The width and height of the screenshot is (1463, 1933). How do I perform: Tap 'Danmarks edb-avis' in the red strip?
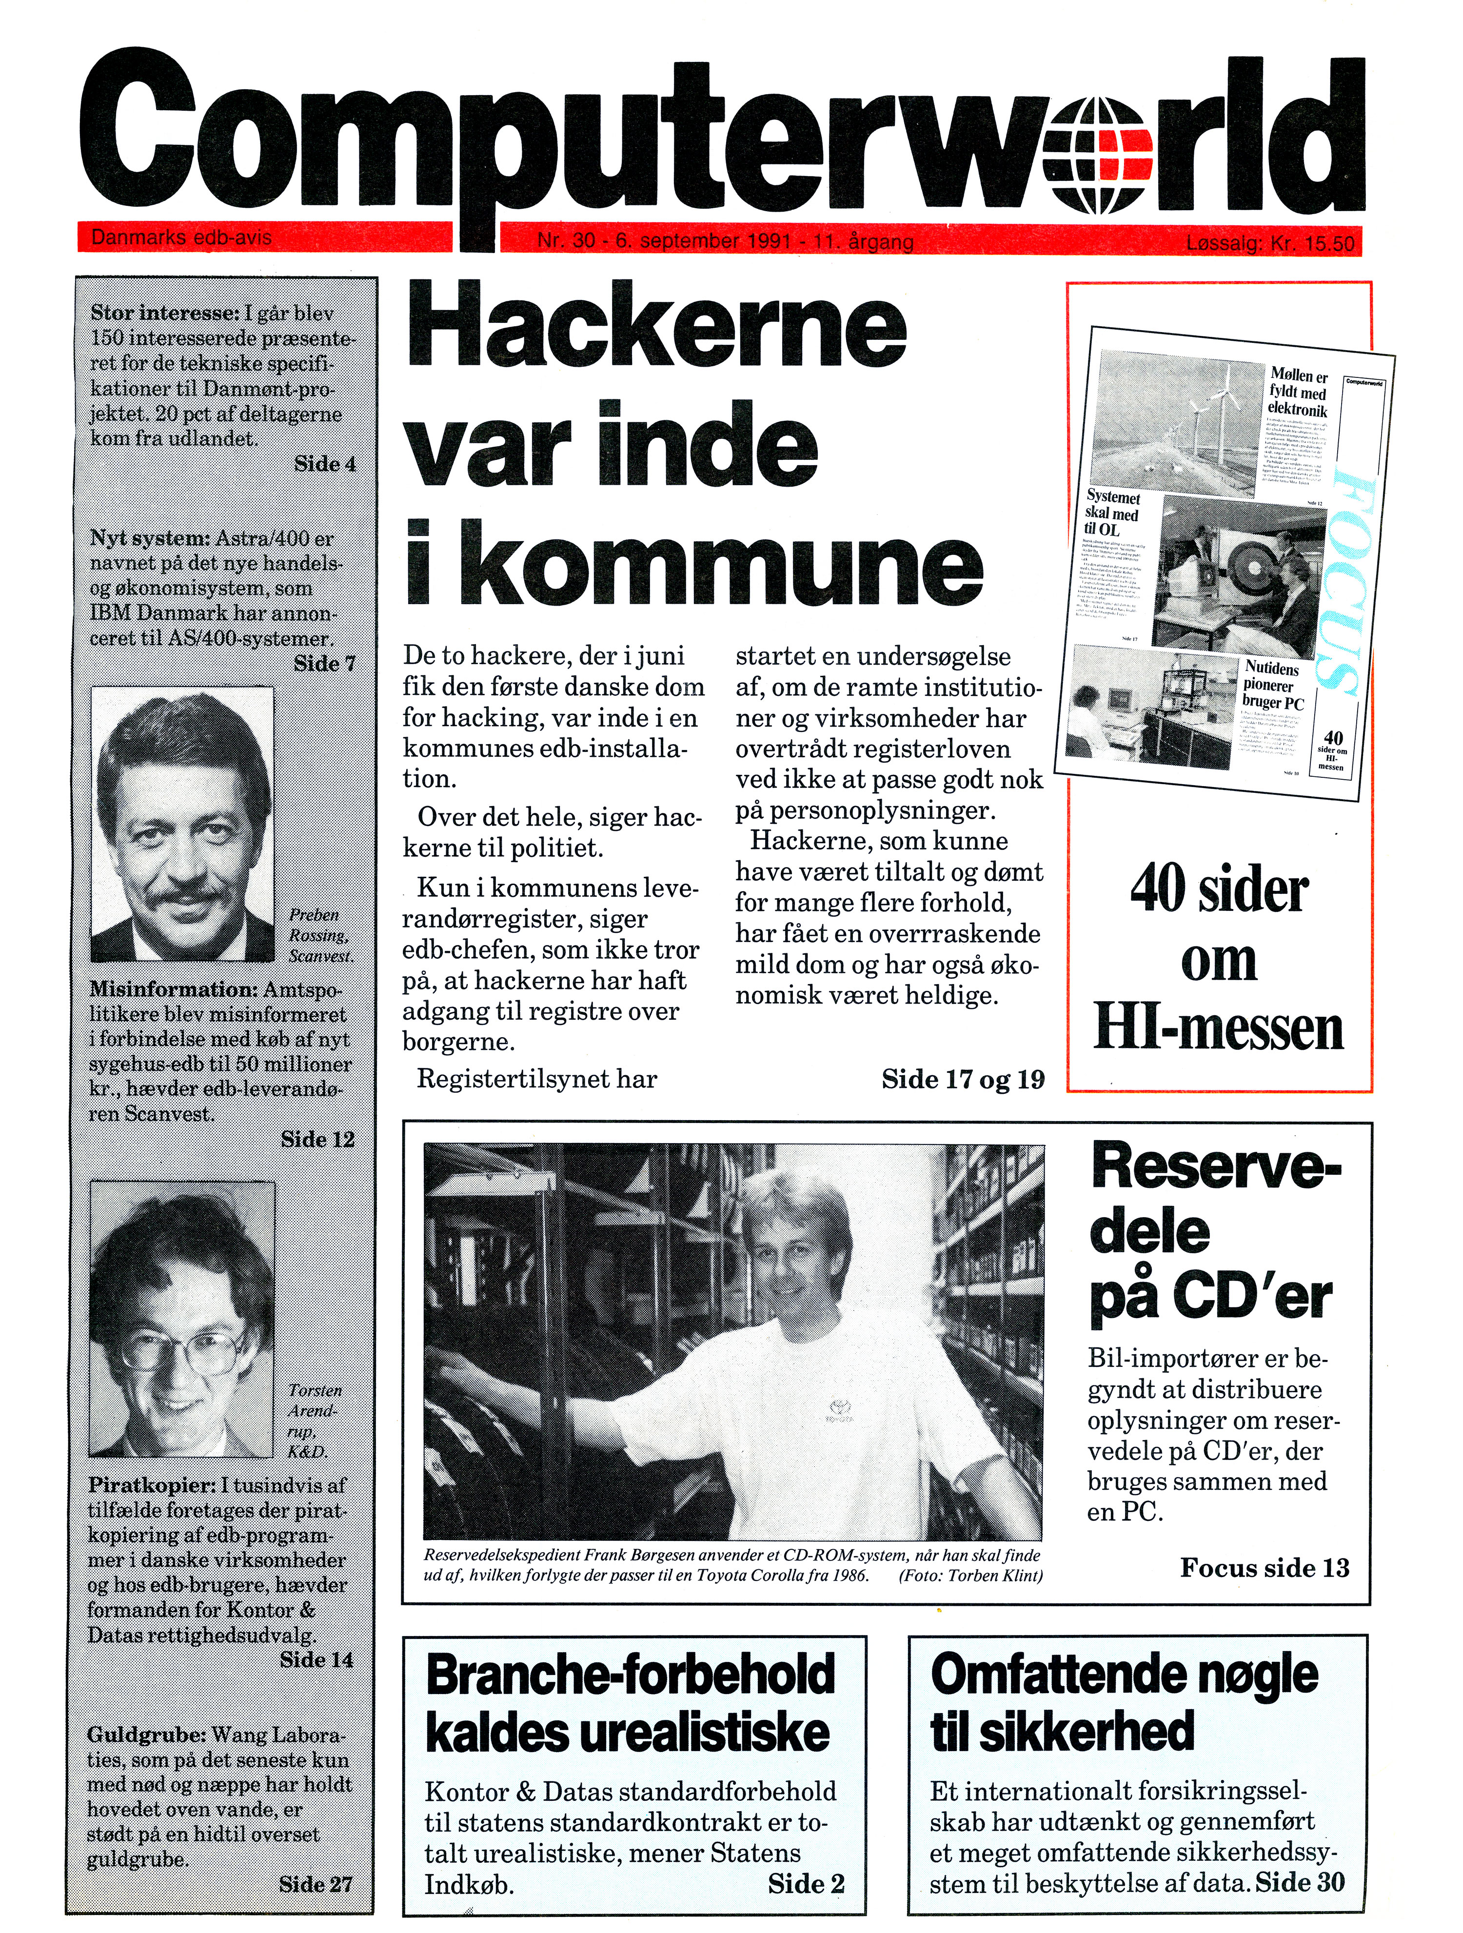coord(181,237)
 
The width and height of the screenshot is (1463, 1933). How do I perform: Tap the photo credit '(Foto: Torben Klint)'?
coord(970,1576)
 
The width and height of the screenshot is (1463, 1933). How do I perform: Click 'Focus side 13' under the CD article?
coord(1264,1568)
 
